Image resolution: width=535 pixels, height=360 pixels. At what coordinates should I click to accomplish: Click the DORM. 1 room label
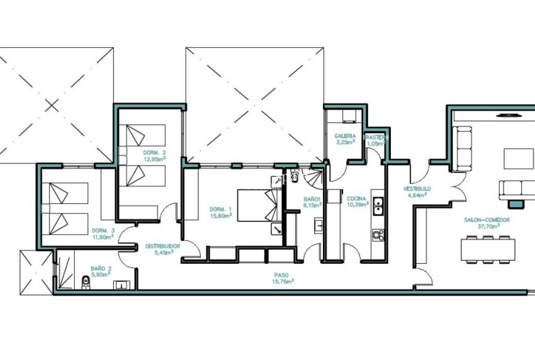pos(220,209)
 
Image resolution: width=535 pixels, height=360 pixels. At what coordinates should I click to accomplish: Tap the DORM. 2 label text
pos(154,153)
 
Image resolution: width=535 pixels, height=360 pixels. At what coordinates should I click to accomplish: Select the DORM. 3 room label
pos(103,230)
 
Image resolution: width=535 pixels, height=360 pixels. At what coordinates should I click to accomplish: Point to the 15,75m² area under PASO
pos(283,282)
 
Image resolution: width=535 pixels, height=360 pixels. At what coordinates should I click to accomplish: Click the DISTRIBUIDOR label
pos(162,246)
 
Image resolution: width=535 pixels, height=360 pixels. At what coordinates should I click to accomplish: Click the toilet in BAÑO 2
pos(86,281)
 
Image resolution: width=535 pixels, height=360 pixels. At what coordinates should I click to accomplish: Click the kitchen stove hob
pos(378,235)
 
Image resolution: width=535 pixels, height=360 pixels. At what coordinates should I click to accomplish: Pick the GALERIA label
pos(345,135)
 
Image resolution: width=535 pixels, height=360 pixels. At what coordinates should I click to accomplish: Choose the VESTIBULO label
pos(417,189)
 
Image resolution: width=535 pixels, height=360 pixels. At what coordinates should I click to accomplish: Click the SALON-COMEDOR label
pos(487,220)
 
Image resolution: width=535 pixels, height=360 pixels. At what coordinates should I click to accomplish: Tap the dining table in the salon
pos(486,249)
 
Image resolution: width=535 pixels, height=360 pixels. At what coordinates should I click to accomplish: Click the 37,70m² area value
pos(487,227)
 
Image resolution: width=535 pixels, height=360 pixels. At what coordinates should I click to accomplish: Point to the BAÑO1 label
pos(312,199)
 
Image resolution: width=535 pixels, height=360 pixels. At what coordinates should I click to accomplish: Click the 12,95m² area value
pos(154,159)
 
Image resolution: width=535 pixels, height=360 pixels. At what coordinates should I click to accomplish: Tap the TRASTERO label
pos(376,136)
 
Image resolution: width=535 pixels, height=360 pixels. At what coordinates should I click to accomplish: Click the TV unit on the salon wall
pos(507,115)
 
